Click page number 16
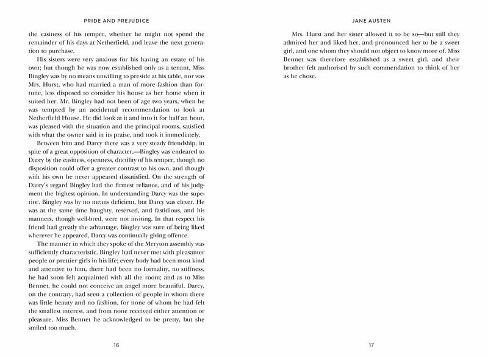pos(117,345)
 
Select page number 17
pos(370,345)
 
